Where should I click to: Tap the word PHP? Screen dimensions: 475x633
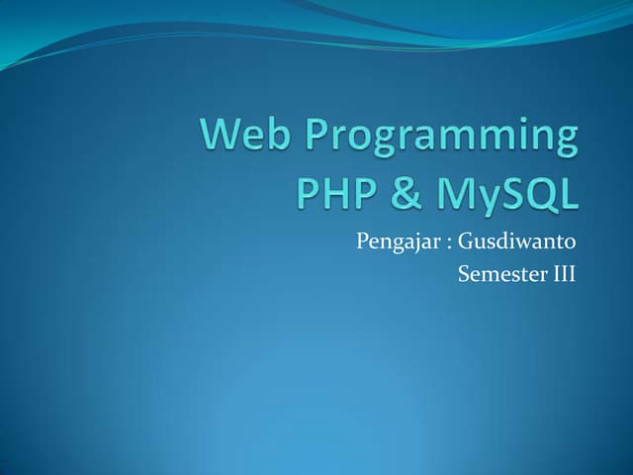coord(333,194)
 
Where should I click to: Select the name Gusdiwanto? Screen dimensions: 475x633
coord(515,241)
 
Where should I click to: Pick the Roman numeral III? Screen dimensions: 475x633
coord(561,273)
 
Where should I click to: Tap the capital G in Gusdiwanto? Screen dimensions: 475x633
coord(463,241)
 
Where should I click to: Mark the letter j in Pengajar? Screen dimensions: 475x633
coord(406,244)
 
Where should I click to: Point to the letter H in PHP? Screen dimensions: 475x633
coord(332,194)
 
